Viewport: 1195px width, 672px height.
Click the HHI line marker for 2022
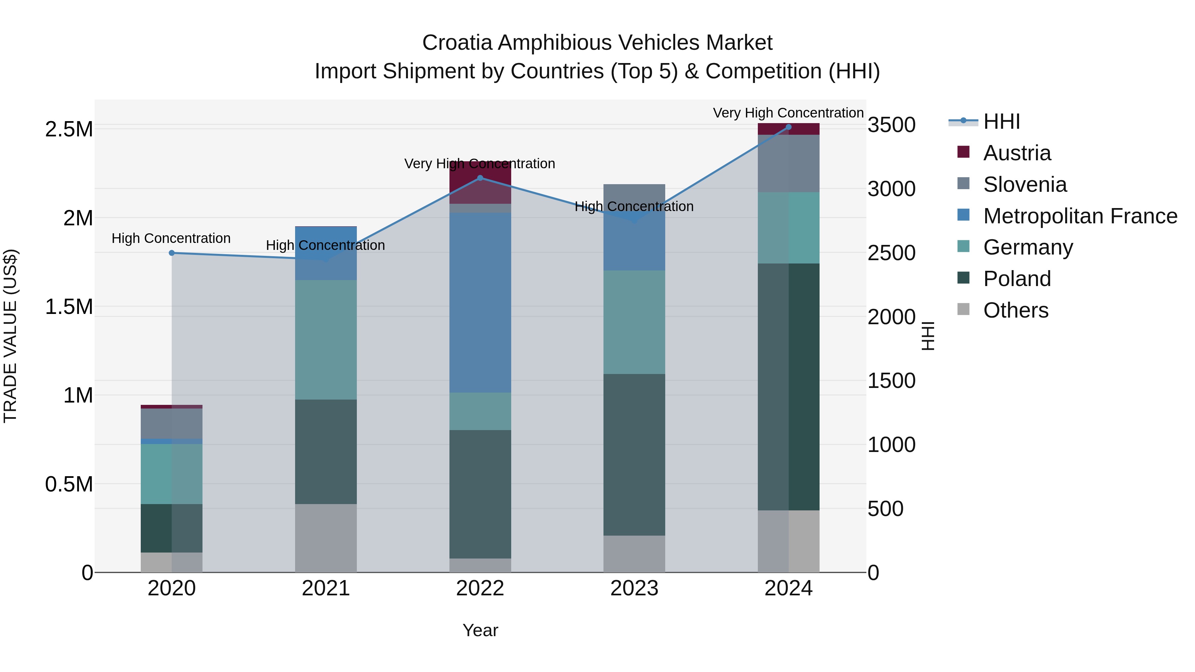click(x=480, y=178)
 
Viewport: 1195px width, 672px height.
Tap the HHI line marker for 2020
click(x=172, y=253)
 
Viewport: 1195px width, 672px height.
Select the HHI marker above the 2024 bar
click(x=789, y=127)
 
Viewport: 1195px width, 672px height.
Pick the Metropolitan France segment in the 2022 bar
click(x=480, y=302)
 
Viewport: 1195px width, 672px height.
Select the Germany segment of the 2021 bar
click(x=326, y=339)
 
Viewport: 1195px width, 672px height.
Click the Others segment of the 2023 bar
click(x=634, y=554)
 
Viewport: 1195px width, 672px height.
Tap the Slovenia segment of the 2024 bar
click(x=789, y=163)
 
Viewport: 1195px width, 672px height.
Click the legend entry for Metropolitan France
click(x=1080, y=216)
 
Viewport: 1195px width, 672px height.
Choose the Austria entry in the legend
click(x=1017, y=153)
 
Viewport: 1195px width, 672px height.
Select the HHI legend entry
click(x=1001, y=121)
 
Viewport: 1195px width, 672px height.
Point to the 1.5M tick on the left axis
click(x=69, y=307)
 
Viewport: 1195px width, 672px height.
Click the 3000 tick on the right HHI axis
click(x=891, y=189)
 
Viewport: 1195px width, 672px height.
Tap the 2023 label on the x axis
click(x=634, y=588)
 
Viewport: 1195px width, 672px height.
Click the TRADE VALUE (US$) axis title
click(x=10, y=336)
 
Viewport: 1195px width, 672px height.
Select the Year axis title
click(x=480, y=630)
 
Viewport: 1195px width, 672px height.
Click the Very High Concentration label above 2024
click(x=788, y=113)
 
